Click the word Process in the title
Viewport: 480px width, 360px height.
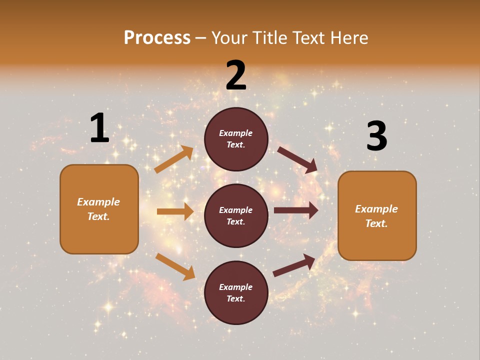pyautogui.click(x=157, y=38)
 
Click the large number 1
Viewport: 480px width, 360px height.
pyautogui.click(x=99, y=128)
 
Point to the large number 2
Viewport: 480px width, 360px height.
pyautogui.click(x=236, y=75)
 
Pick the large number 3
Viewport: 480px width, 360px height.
pyautogui.click(x=376, y=136)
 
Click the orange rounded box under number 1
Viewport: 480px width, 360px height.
pyautogui.click(x=99, y=209)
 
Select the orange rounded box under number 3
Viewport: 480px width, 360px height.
pyautogui.click(x=377, y=215)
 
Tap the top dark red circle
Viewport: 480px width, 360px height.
pyautogui.click(x=236, y=139)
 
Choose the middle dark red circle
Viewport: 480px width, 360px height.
pyautogui.click(x=236, y=215)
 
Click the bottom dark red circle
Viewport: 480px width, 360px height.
pyautogui.click(x=236, y=292)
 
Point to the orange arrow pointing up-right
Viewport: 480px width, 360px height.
pyautogui.click(x=174, y=159)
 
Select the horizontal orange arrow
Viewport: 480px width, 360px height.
pyautogui.click(x=175, y=211)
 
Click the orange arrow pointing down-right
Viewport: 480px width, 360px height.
pyautogui.click(x=175, y=266)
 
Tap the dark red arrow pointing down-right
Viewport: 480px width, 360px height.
pyautogui.click(x=297, y=160)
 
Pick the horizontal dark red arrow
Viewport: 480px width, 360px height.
pyautogui.click(x=296, y=210)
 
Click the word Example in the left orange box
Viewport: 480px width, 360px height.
pyautogui.click(x=98, y=202)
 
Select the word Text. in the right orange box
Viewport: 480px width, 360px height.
pyautogui.click(x=376, y=223)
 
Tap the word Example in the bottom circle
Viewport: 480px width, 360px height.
pyautogui.click(x=236, y=287)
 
